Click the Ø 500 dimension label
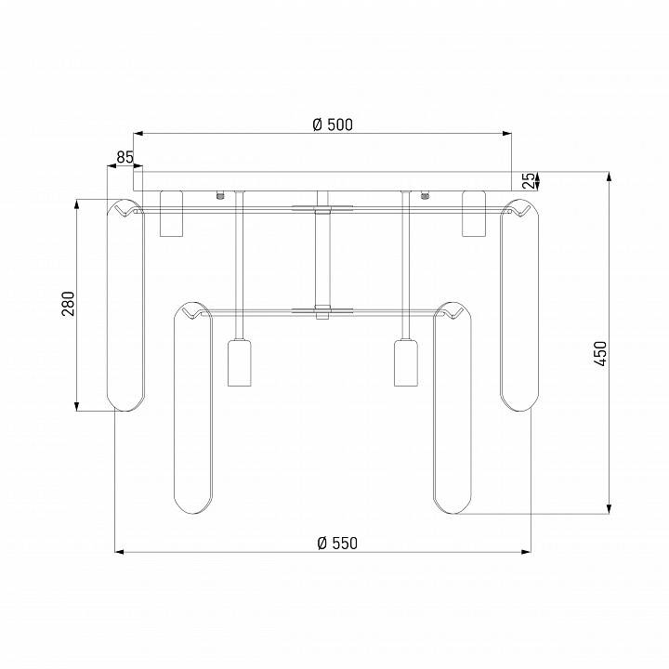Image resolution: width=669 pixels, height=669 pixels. (x=333, y=125)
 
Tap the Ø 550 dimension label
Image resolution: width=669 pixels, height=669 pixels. (x=337, y=544)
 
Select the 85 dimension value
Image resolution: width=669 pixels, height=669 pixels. (x=125, y=157)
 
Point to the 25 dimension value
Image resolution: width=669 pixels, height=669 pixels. (x=528, y=181)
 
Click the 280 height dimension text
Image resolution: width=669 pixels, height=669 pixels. (x=68, y=304)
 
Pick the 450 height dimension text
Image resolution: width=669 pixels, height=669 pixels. (x=600, y=354)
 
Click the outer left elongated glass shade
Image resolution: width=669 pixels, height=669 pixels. (x=125, y=305)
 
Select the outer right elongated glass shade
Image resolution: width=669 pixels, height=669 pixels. (x=519, y=305)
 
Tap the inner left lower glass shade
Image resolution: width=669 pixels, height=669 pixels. (x=193, y=408)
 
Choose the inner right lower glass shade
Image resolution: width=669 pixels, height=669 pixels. (x=453, y=408)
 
